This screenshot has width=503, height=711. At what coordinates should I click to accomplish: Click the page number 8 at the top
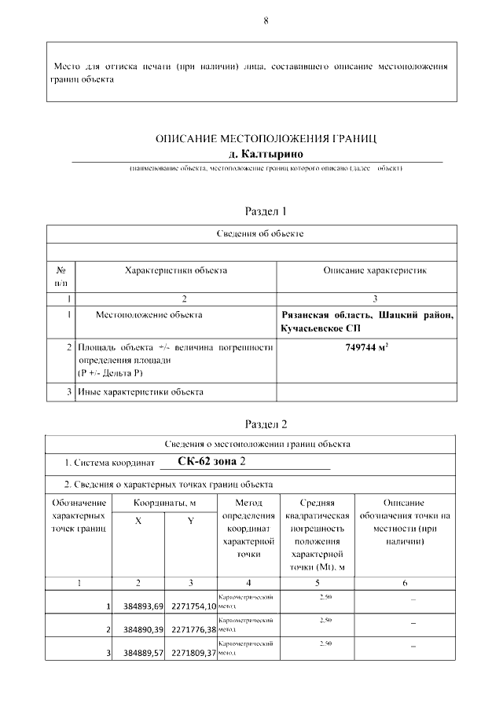point(266,21)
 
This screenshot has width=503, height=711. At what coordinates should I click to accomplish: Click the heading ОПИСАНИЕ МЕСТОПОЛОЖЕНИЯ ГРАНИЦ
point(266,139)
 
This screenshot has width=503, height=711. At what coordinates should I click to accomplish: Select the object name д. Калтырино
point(266,153)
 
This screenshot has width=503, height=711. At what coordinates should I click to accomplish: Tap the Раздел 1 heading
point(266,211)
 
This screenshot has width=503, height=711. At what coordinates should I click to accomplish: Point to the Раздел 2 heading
point(266,424)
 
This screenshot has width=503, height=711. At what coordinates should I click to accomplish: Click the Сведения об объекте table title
point(259,233)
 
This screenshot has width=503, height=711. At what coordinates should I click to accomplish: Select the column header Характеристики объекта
point(176,270)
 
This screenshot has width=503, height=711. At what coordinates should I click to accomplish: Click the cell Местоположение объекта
point(149,315)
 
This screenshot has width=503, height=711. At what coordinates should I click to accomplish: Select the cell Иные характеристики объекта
point(141,390)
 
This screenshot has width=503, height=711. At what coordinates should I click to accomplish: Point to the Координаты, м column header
point(163,503)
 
